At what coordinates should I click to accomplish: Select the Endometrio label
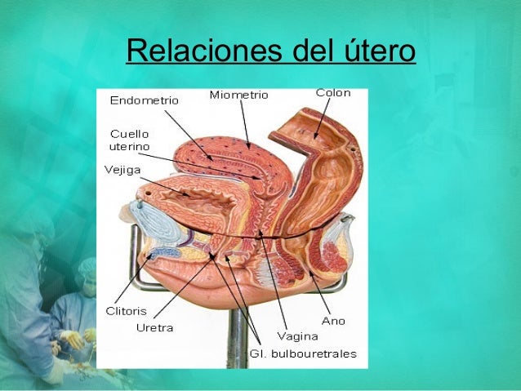(x=144, y=101)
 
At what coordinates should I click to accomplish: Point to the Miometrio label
(x=238, y=96)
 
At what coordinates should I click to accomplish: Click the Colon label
(x=333, y=93)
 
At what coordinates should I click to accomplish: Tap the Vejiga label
(x=122, y=170)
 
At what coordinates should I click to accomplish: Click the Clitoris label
(x=126, y=311)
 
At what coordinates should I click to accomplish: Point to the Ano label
(x=333, y=321)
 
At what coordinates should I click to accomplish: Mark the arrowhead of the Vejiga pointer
(x=189, y=196)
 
